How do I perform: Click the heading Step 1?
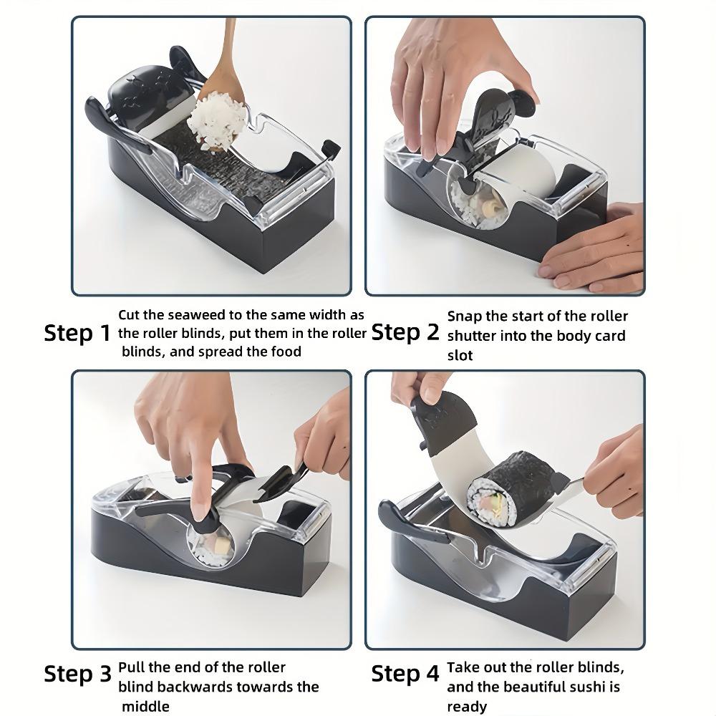pyautogui.click(x=77, y=333)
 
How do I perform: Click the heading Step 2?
pyautogui.click(x=405, y=332)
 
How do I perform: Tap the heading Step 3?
pyautogui.click(x=77, y=674)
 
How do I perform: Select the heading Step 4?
pyautogui.click(x=405, y=674)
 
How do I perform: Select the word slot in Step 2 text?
pyautogui.click(x=460, y=355)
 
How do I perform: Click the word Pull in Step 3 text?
pyautogui.click(x=132, y=667)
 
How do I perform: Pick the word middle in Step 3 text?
pyautogui.click(x=145, y=707)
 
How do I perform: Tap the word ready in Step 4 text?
pyautogui.click(x=467, y=707)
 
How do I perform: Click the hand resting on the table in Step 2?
pyautogui.click(x=594, y=249)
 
